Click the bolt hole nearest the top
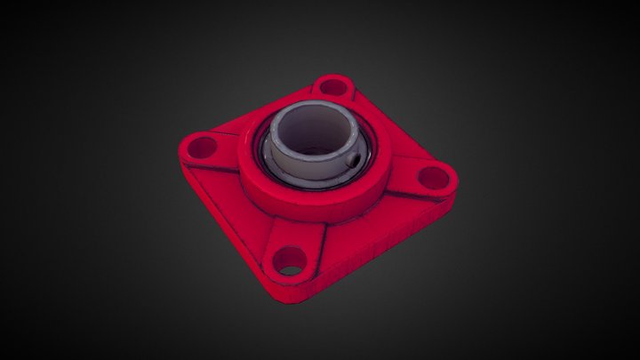pyautogui.click(x=333, y=87)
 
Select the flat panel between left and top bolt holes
pyautogui.click(x=258, y=120)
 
